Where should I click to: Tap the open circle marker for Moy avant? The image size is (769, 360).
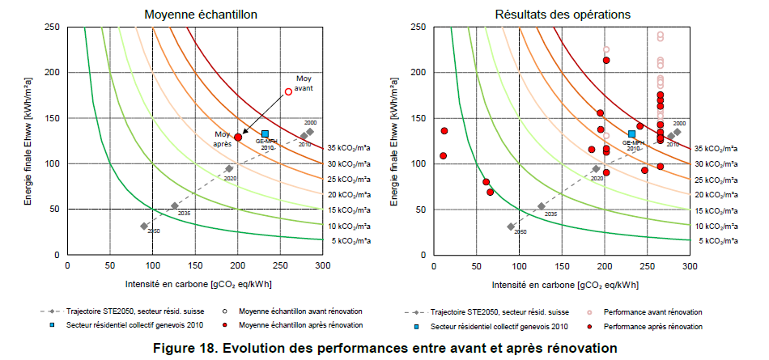click(x=288, y=91)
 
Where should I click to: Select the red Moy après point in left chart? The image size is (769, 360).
click(x=238, y=138)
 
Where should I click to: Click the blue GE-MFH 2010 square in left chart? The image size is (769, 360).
click(x=265, y=133)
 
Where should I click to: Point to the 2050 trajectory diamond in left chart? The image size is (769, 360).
click(x=144, y=227)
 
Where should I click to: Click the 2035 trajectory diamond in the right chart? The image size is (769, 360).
click(x=542, y=206)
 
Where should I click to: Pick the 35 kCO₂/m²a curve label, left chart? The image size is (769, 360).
click(x=350, y=148)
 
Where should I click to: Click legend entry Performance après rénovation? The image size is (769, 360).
click(x=656, y=326)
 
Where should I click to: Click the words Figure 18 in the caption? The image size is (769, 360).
click(x=193, y=348)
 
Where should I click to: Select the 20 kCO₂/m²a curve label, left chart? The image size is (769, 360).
click(x=350, y=194)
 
